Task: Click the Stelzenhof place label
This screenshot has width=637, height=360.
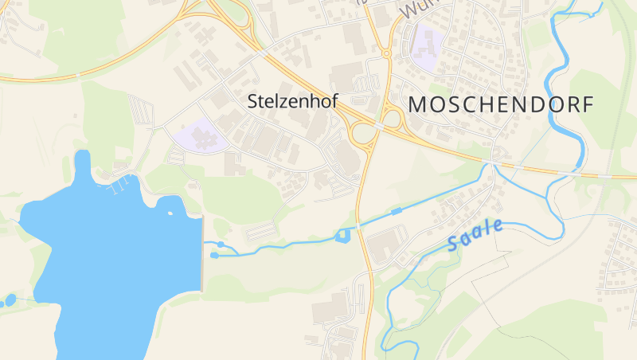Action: (x=293, y=102)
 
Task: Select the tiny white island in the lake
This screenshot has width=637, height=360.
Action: (x=169, y=213)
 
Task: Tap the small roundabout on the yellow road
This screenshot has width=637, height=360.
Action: (x=386, y=53)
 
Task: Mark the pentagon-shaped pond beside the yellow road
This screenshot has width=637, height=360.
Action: (x=343, y=235)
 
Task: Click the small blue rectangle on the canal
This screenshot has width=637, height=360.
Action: (x=396, y=211)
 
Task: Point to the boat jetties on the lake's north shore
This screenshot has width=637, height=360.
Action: (x=118, y=186)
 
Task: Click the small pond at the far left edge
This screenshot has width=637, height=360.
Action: (x=10, y=301)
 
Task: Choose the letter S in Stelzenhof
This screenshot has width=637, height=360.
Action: (x=253, y=102)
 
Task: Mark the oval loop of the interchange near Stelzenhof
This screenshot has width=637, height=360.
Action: (x=362, y=133)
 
